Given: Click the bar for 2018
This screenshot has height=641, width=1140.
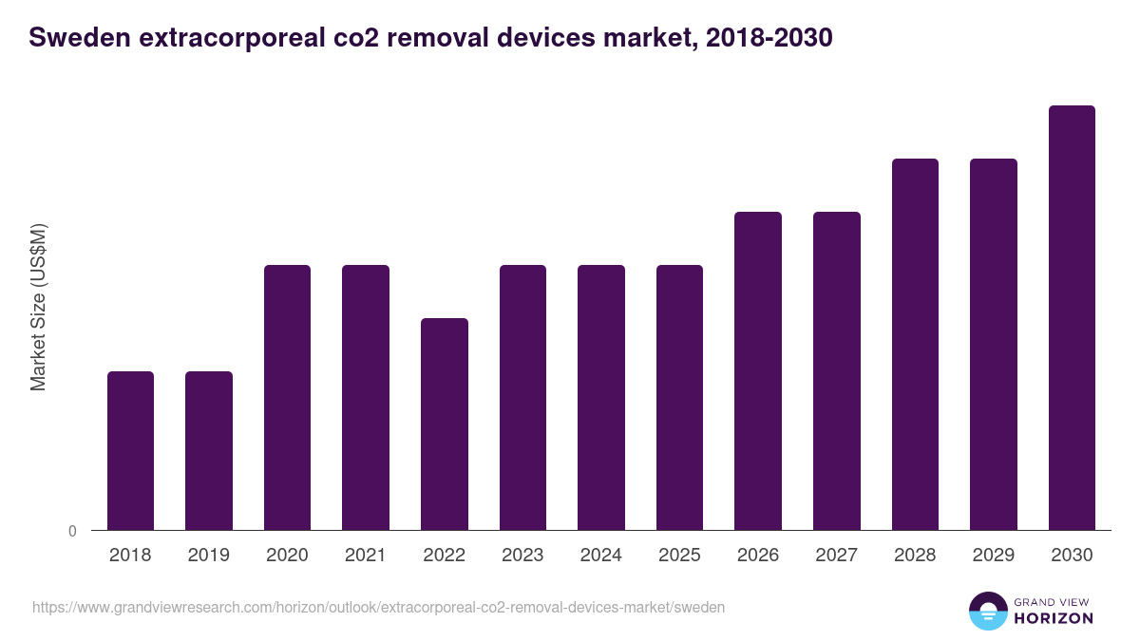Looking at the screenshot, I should point(130,450).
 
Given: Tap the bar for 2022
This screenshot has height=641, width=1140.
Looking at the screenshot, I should point(445,424).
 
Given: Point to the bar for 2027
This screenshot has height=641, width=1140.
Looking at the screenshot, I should point(837,370).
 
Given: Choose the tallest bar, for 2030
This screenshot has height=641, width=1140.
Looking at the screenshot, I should point(1072,317).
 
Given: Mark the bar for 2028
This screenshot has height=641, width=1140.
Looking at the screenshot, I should point(915,344).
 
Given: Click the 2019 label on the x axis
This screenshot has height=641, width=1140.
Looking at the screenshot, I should point(208,556).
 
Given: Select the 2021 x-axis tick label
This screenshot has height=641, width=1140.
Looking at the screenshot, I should point(365,556).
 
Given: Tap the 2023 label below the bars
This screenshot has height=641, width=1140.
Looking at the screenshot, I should point(522,556).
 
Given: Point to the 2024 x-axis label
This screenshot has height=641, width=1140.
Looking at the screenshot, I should point(600,556).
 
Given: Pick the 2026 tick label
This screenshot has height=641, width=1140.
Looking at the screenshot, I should point(758,556).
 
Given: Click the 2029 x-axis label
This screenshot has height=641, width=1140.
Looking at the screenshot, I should point(993,556).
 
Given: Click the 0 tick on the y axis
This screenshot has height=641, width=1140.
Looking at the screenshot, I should point(73,531).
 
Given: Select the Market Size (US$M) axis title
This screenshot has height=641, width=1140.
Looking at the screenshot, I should point(38,307).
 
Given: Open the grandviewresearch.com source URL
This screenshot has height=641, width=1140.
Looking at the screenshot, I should point(379,607).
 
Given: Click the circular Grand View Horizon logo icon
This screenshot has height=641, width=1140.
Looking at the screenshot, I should point(988,611).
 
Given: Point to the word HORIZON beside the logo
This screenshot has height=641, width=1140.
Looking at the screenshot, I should point(1054,618).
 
